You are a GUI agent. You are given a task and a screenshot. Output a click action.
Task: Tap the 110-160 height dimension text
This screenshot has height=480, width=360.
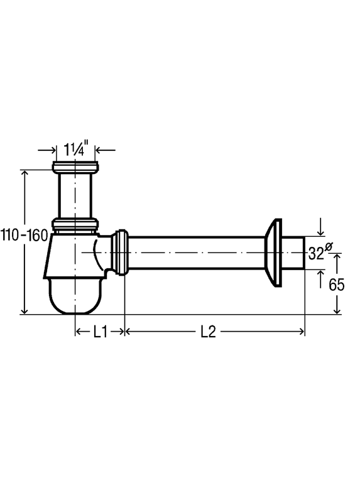25,236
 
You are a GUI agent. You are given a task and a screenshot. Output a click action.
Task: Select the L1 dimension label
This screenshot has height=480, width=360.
100,332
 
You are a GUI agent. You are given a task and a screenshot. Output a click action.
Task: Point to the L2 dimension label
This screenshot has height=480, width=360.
209,332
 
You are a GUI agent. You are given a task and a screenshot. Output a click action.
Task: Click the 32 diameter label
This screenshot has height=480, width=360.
320,252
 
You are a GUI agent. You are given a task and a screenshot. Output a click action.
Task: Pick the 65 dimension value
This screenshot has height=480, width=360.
337,285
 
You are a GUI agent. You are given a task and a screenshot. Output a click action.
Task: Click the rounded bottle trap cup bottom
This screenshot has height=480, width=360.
75,296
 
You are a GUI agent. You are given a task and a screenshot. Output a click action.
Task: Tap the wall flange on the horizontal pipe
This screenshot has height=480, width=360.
273,253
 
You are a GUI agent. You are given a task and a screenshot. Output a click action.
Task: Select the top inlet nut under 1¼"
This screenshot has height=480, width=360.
75,166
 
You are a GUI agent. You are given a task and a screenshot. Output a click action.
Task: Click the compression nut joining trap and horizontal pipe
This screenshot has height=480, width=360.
121,253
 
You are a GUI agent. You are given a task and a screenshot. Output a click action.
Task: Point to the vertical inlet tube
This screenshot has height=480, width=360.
75,195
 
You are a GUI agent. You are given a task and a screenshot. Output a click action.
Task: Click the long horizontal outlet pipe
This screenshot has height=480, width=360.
196,253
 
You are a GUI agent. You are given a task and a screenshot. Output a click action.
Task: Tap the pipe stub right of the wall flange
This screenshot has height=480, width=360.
293,253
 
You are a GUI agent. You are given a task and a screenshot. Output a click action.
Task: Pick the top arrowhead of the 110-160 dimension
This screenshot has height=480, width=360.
25,173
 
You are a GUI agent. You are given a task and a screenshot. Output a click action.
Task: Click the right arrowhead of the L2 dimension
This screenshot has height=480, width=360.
302,332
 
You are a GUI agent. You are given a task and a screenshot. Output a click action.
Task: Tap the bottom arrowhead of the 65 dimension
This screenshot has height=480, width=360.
337,310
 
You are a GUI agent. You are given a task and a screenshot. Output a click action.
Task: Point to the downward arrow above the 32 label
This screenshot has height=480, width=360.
320,227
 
